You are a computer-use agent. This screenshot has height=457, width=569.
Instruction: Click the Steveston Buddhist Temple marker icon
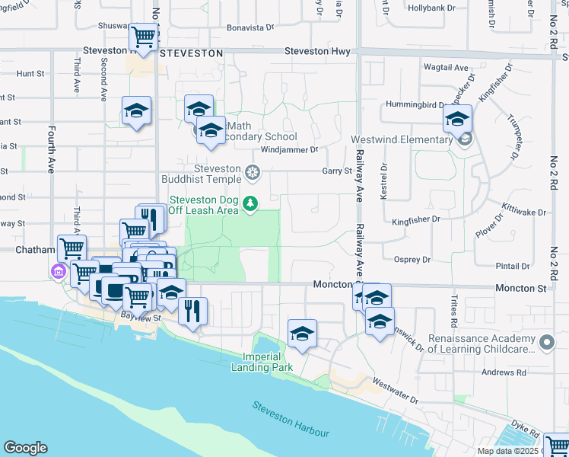point(253,174)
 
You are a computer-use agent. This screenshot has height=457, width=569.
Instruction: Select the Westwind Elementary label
point(402,140)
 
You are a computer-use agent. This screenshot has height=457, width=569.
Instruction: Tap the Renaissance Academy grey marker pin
point(546,344)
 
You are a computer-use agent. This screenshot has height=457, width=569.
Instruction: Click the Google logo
point(25,448)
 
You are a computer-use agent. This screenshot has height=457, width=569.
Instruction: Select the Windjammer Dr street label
point(293,151)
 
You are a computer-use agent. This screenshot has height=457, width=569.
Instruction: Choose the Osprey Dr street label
point(412,259)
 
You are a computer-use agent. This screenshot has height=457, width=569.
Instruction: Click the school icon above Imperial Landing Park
point(302,334)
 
